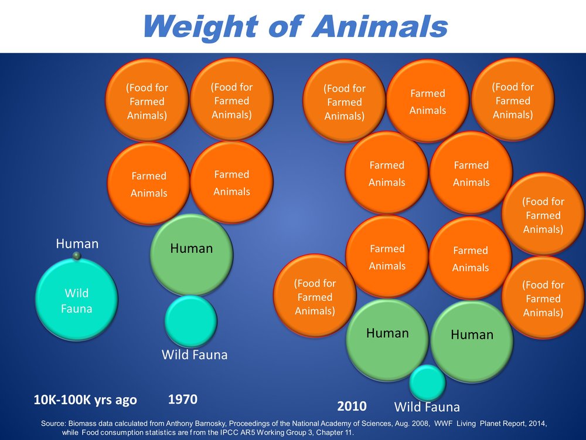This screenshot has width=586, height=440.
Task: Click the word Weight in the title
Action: click(x=200, y=26)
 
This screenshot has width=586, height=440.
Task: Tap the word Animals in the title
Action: click(x=380, y=26)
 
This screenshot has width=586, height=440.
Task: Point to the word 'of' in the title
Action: click(x=284, y=26)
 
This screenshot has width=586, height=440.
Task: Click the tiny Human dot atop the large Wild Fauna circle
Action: click(x=77, y=256)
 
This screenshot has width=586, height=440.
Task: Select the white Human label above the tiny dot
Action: click(x=77, y=243)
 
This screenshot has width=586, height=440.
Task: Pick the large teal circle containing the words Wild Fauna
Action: click(x=77, y=299)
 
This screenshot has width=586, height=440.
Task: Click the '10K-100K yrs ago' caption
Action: click(x=85, y=400)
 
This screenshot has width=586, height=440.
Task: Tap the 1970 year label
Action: click(x=183, y=399)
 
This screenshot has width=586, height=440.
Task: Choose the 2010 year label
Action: click(x=352, y=406)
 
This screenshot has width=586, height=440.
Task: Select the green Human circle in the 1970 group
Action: click(x=192, y=255)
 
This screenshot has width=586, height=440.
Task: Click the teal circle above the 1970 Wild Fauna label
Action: click(x=191, y=321)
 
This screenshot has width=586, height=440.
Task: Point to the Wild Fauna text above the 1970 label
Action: click(x=195, y=354)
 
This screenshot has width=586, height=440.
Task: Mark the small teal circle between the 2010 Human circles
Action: click(x=428, y=383)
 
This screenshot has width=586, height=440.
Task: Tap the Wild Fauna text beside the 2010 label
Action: click(x=427, y=407)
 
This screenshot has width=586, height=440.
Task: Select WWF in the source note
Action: click(x=443, y=424)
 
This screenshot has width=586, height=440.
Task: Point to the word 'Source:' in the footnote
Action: click(x=53, y=424)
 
